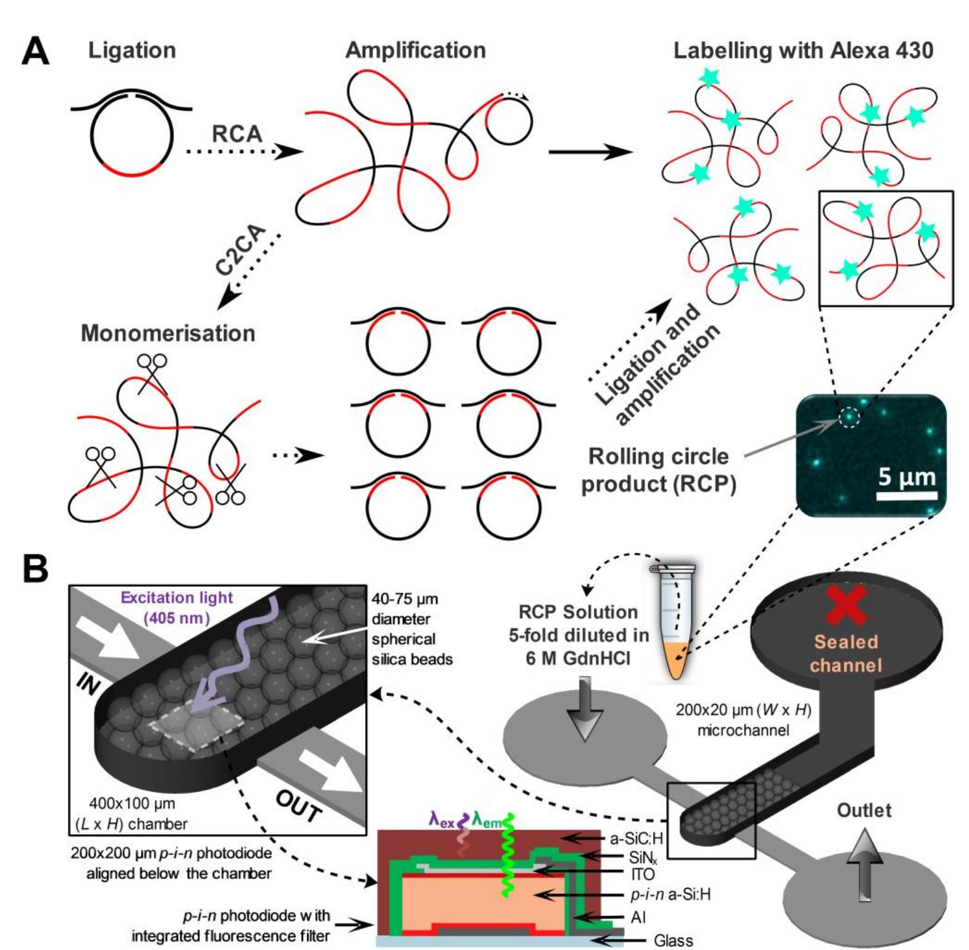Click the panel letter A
tap(35, 51)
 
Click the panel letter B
tap(35, 568)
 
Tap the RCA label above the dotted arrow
tap(237, 133)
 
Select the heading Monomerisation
tap(168, 333)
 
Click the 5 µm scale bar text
tap(907, 477)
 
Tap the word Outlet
tap(864, 809)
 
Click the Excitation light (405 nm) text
tap(176, 607)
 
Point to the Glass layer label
tap(673, 940)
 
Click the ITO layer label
tap(642, 874)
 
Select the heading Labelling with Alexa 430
tap(802, 51)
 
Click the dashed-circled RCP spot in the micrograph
tap(848, 418)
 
